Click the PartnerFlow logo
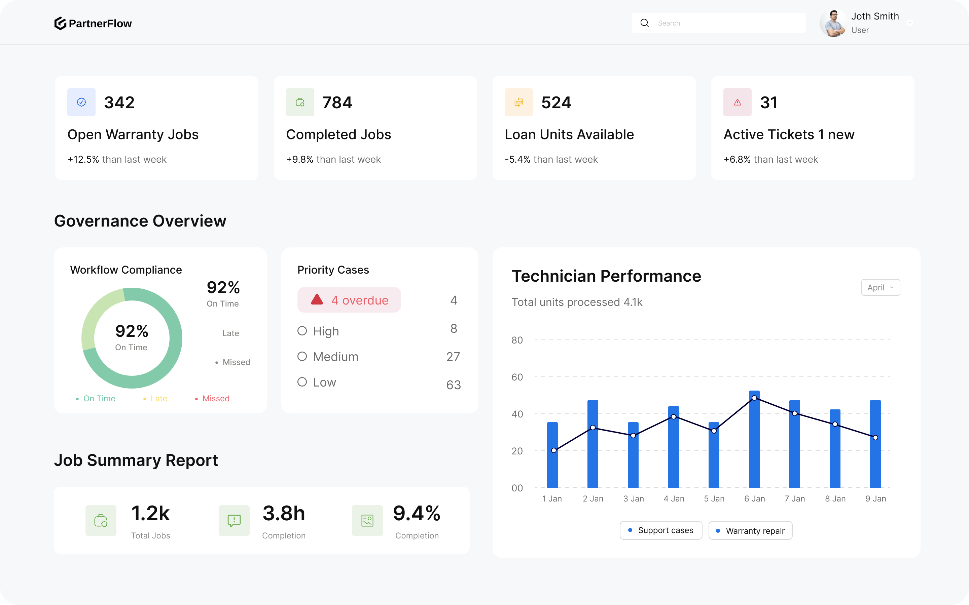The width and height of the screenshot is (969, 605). (x=93, y=23)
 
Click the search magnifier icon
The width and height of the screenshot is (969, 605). (x=644, y=23)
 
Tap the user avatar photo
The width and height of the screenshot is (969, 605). (x=833, y=23)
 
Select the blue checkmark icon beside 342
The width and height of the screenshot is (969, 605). (x=81, y=103)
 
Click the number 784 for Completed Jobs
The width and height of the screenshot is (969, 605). (x=337, y=103)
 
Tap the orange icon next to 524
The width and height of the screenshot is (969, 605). (x=518, y=103)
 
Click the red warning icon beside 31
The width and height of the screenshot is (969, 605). (x=737, y=103)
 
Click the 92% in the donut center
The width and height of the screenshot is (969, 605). (x=132, y=331)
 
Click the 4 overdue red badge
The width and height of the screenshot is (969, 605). (x=349, y=300)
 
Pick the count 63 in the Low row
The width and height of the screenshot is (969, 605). (x=453, y=385)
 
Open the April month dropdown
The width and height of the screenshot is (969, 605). (x=880, y=288)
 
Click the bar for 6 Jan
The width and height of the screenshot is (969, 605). (x=754, y=440)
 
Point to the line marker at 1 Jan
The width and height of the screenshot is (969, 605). (x=554, y=450)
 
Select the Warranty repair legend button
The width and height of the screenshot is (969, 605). (x=750, y=531)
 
